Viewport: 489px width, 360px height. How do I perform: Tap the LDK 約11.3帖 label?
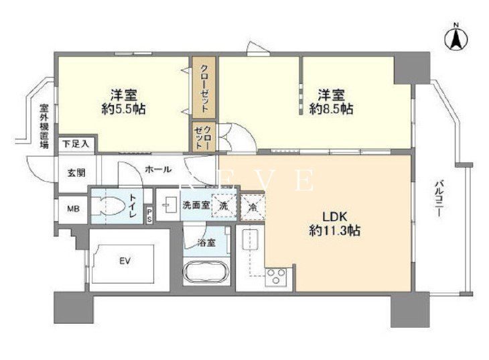pos(333,224)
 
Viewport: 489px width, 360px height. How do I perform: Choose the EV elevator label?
pos(125,261)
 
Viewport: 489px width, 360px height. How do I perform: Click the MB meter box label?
pos(72,208)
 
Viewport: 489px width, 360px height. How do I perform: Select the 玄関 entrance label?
pos(75,173)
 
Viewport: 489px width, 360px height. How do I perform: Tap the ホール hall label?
pos(157,169)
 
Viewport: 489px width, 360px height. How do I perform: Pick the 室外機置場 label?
pos(44,125)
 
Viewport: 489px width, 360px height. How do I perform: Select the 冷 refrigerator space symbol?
pos(253,206)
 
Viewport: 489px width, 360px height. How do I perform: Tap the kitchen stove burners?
pos(276,276)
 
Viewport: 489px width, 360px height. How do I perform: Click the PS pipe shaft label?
pos(149,215)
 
